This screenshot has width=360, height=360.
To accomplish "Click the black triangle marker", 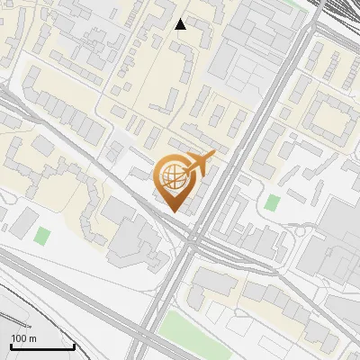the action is click(181, 24).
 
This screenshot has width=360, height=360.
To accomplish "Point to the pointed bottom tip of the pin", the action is click(171, 211).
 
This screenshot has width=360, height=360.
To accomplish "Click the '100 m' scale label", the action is click(23, 338).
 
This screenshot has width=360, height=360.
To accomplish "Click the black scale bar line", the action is click(42, 346).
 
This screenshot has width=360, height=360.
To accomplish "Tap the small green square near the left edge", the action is click(42, 237).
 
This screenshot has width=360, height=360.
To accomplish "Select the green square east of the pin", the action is click(273, 202).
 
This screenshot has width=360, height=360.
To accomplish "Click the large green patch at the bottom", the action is click(189, 337).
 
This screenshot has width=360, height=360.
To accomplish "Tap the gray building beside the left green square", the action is click(23, 220).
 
